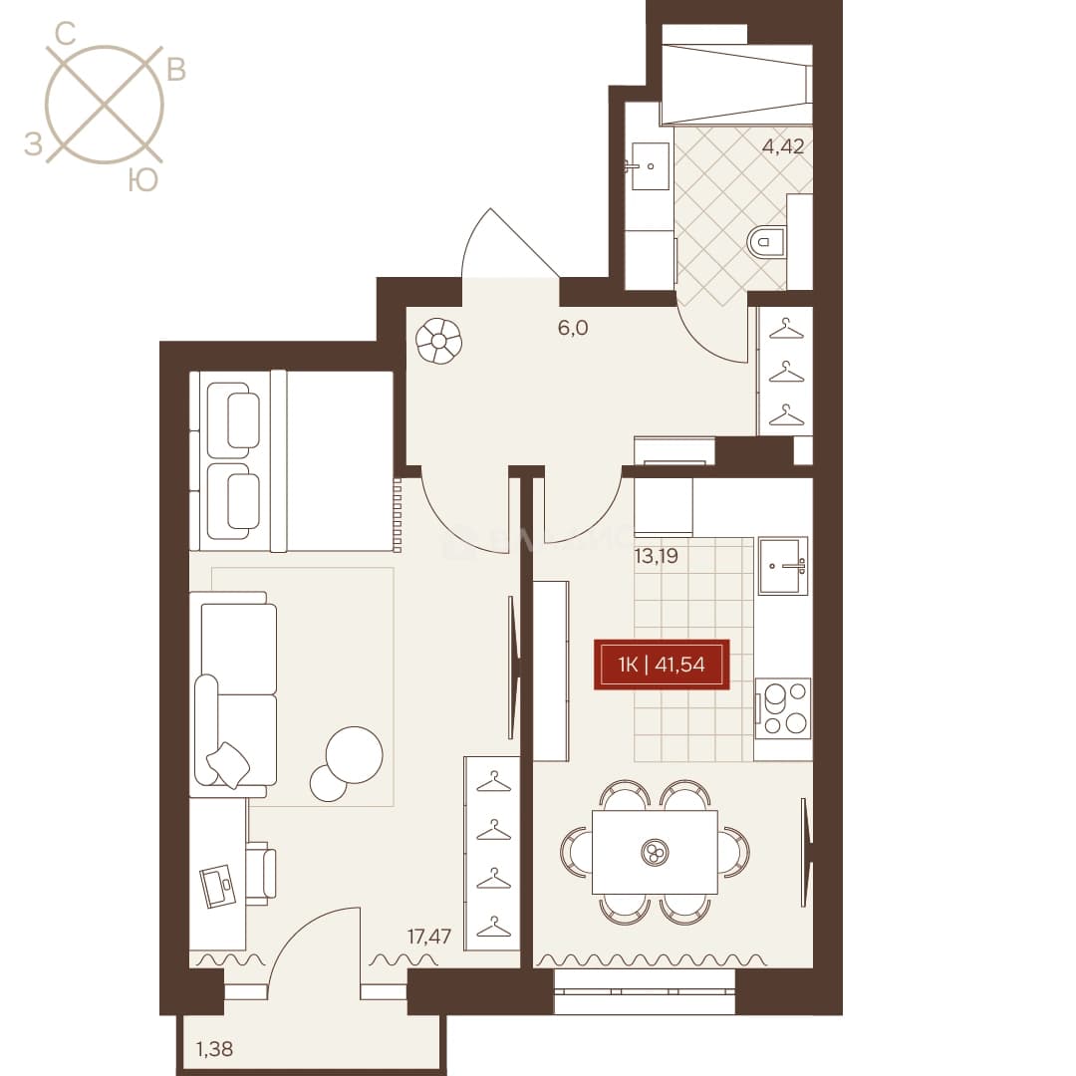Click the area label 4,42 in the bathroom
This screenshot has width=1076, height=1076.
tap(783, 146)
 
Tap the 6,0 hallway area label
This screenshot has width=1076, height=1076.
tap(572, 328)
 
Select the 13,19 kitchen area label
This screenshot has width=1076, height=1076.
tap(656, 556)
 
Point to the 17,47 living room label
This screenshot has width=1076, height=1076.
tap(428, 936)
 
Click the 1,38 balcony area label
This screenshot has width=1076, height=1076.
tap(214, 1048)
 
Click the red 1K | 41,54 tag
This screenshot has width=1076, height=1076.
tap(662, 665)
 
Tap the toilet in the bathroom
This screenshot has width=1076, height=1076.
tap(766, 241)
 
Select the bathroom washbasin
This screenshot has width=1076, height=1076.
tap(647, 166)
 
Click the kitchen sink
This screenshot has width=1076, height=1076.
tap(783, 566)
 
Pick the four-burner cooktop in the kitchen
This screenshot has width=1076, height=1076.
tap(783, 708)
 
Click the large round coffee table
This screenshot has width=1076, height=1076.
tap(354, 755)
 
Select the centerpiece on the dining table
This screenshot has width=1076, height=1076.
tap(655, 853)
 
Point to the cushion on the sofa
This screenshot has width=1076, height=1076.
tap(228, 764)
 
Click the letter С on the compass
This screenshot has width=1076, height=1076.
tap(65, 32)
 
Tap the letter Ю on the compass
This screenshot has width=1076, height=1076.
tap(143, 179)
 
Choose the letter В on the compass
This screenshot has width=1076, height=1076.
tap(176, 70)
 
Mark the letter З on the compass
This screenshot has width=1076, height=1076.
tap(33, 143)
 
